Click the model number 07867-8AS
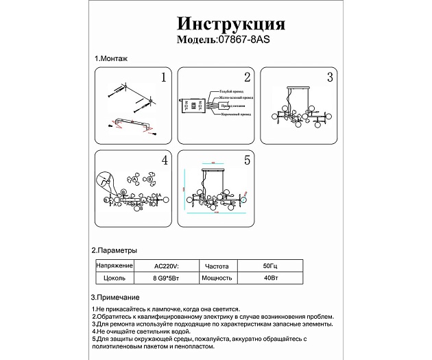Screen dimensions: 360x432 pyautogui.click(x=243, y=40)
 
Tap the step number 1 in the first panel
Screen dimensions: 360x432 pyautogui.click(x=163, y=77)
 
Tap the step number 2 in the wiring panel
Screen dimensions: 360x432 pyautogui.click(x=248, y=77)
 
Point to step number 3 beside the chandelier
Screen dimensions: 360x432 pyautogui.click(x=330, y=77)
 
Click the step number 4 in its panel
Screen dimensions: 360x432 pyautogui.click(x=164, y=160)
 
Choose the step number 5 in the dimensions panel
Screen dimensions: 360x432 pyautogui.click(x=248, y=160)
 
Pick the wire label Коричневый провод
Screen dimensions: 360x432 pyautogui.click(x=235, y=115)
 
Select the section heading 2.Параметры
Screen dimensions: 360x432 pyautogui.click(x=115, y=250)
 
